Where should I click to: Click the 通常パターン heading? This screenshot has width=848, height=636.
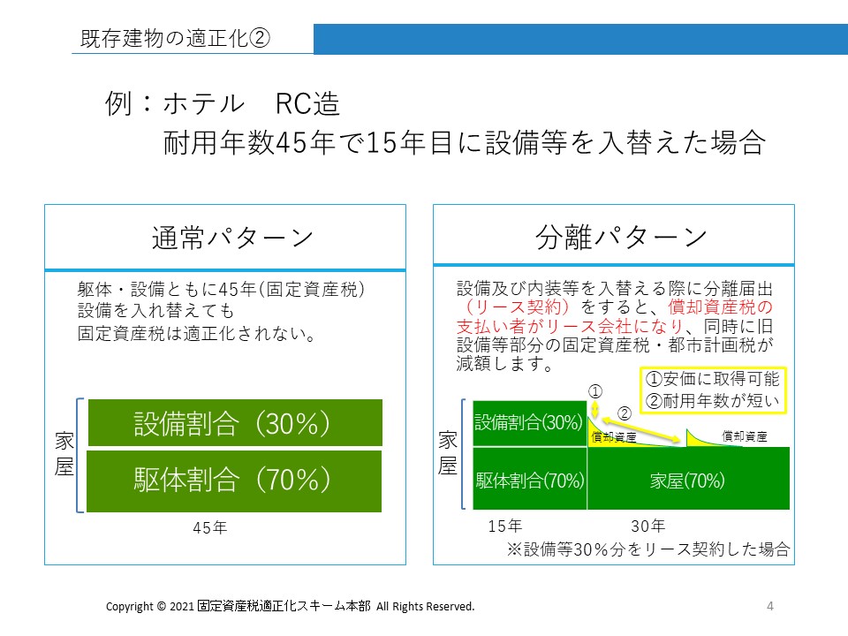(x=232, y=238)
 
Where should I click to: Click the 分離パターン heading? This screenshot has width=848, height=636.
(x=621, y=237)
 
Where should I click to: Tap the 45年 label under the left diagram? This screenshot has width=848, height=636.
(x=210, y=527)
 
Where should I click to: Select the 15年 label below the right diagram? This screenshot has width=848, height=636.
(x=504, y=526)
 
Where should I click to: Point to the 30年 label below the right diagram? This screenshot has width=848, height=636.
(x=647, y=526)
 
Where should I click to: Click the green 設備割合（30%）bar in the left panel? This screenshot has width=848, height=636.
(x=235, y=423)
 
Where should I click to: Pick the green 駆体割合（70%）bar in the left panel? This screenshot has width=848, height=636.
(x=234, y=481)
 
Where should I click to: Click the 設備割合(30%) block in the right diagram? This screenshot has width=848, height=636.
(x=529, y=423)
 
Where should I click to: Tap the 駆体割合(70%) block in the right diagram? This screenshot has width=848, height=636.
(x=529, y=479)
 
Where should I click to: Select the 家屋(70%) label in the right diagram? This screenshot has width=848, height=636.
(x=687, y=481)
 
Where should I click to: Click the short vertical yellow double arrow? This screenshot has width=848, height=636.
(x=594, y=409)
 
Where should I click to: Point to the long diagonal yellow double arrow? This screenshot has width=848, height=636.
(x=641, y=430)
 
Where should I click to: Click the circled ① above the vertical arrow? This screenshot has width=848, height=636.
(x=594, y=391)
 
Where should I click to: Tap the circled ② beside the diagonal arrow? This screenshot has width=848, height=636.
(x=625, y=413)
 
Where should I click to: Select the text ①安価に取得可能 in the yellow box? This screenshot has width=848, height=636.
(x=712, y=379)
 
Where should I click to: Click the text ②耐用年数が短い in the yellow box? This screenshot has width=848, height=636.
(x=712, y=401)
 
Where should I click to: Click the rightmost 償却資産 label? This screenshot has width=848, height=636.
(x=744, y=436)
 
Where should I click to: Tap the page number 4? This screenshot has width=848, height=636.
(x=770, y=606)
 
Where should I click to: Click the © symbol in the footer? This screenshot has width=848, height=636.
(x=161, y=607)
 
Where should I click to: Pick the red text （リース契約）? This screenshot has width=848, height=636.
(x=516, y=307)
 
